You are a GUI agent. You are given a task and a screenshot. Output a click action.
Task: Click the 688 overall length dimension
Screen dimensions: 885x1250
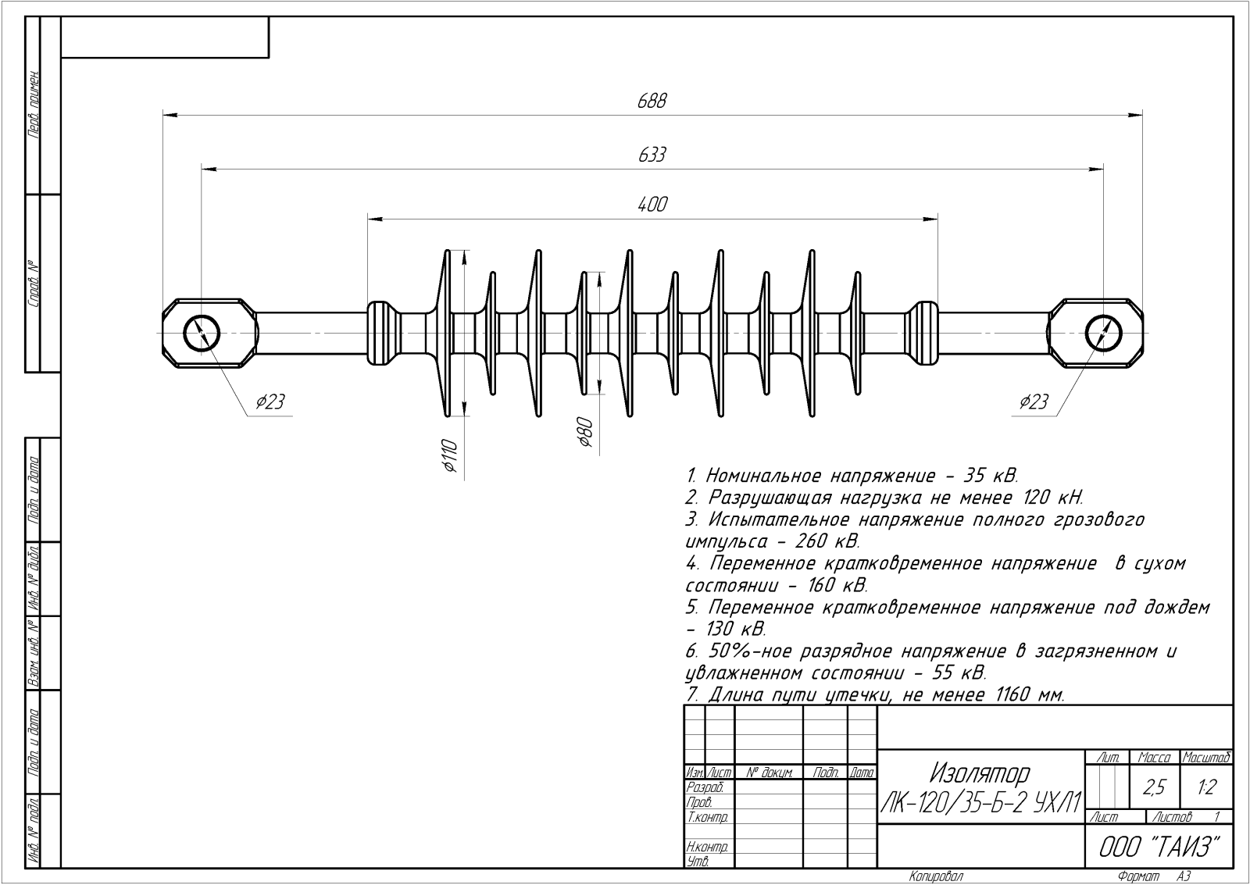(652, 101)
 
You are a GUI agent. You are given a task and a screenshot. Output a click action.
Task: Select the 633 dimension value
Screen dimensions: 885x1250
(652, 155)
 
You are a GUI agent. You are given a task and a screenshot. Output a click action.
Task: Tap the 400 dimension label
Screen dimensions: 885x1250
(652, 205)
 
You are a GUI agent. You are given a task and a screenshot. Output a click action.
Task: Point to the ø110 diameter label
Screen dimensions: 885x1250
(448, 455)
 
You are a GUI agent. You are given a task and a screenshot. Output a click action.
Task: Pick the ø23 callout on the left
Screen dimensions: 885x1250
(270, 402)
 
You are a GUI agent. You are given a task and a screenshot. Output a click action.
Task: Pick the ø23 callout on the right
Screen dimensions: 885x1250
(1033, 402)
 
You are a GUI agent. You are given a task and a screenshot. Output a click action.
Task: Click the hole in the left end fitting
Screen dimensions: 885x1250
(202, 333)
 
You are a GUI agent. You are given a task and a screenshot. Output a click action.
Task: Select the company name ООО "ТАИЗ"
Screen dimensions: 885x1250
(1159, 847)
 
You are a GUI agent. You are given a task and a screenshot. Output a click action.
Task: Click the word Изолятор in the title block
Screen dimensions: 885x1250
(980, 773)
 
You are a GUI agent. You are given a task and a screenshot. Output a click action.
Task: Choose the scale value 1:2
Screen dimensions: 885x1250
(1206, 787)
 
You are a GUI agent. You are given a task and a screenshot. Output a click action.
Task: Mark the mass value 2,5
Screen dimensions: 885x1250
(1154, 787)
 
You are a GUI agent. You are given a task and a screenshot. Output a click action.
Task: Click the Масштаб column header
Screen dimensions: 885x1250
(1207, 757)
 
